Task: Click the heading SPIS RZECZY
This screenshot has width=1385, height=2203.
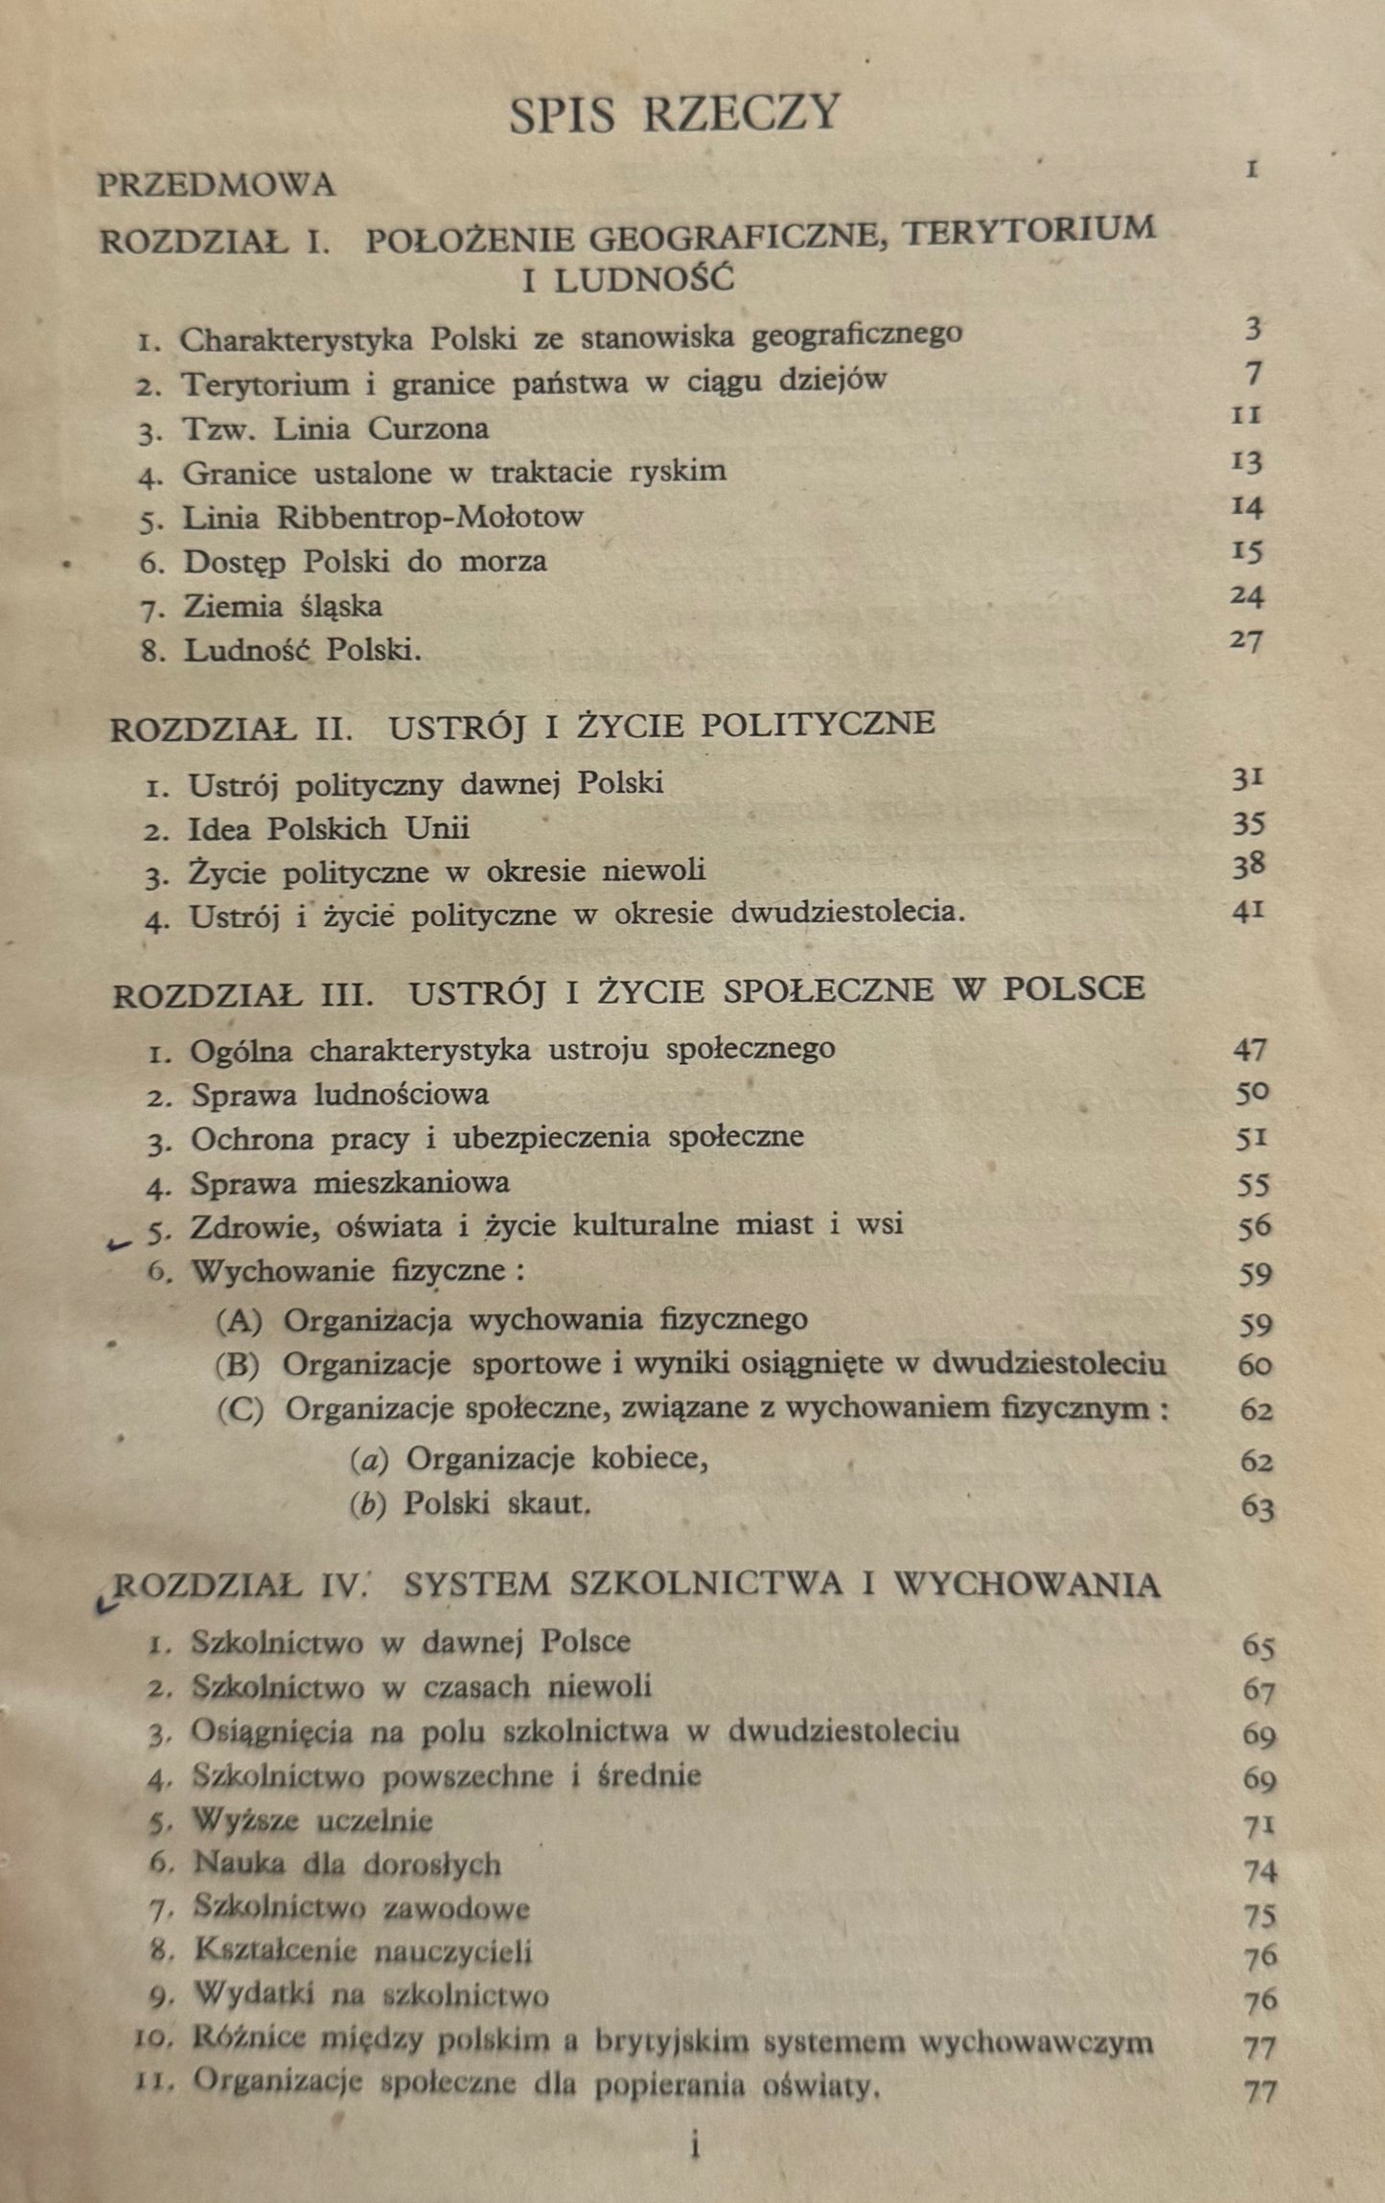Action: point(675,114)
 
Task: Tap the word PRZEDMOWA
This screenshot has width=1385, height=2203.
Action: point(216,184)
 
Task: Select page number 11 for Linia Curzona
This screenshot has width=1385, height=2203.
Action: point(1248,415)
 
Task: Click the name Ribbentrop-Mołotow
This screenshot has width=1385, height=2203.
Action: point(430,518)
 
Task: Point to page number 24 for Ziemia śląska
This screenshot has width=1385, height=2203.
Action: point(1247,596)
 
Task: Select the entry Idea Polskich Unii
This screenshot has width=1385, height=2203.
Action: point(329,828)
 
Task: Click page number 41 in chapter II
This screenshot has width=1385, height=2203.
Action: point(1248,910)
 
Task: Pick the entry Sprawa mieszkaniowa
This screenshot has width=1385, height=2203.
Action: point(350,1183)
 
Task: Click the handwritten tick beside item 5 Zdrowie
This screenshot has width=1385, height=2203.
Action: point(120,1243)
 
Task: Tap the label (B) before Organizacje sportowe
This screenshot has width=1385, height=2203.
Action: point(238,1365)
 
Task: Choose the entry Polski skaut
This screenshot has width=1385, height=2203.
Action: point(494,1503)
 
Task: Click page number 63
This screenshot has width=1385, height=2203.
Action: point(1257,1508)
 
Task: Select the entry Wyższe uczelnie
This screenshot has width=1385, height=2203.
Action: point(312,1820)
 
